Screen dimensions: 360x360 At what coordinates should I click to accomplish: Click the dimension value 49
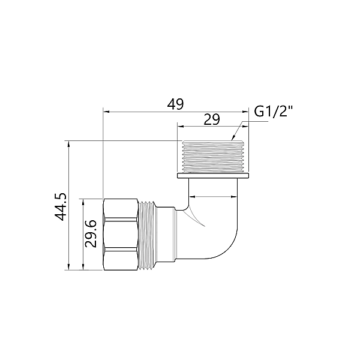coord(175,104)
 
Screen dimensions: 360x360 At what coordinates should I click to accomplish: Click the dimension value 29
coord(211,119)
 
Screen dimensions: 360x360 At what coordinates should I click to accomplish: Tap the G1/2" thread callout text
coord(274,112)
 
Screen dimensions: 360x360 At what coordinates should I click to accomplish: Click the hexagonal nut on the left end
coord(121,235)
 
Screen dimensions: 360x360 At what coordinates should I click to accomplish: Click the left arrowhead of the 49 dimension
coord(106,112)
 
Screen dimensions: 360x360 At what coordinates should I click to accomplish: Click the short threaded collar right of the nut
coord(148,235)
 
